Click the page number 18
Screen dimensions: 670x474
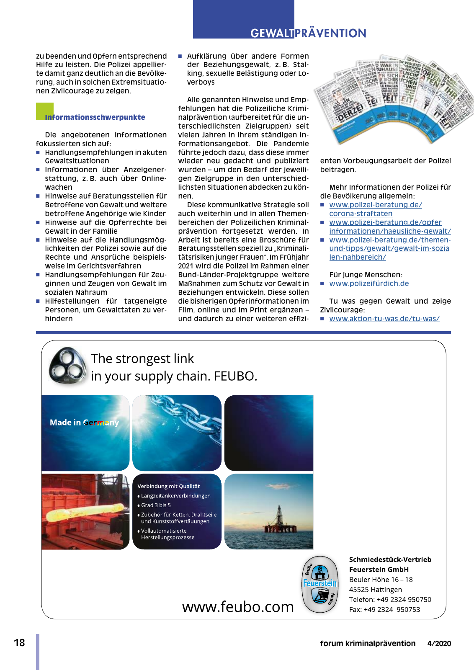pos(19,643)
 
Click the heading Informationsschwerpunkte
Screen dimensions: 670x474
pos(95,117)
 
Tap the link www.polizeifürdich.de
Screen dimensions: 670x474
pos(369,283)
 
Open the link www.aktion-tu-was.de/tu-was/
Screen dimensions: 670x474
pos(384,319)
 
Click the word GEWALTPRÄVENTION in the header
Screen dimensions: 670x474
pos(308,33)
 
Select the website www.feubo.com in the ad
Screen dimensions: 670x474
pos(238,607)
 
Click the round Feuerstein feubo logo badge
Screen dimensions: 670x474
pos(320,585)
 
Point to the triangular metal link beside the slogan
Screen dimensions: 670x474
pos(67,366)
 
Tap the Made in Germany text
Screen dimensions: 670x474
pos(84,423)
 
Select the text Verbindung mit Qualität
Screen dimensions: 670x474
pos(168,486)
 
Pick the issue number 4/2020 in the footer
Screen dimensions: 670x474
pos(439,644)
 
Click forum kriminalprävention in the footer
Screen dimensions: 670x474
pos(368,644)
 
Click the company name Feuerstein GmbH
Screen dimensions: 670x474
pos(379,569)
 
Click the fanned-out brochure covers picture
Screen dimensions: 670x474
pos(394,98)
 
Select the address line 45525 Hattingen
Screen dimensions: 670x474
pos(375,590)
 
